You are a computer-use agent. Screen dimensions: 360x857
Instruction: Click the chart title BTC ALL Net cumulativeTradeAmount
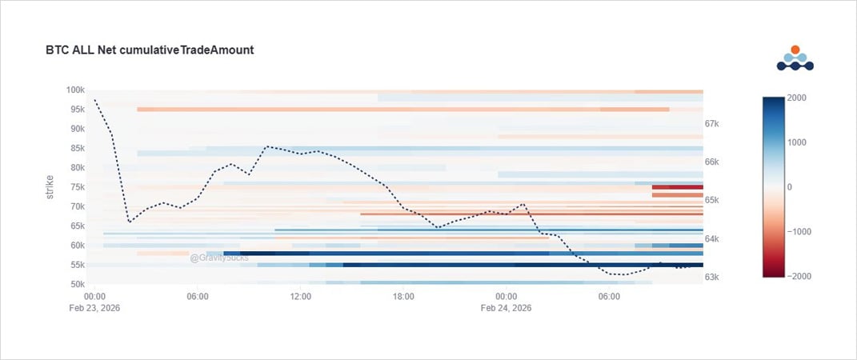(x=150, y=50)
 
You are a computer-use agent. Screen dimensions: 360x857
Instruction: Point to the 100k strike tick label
(x=75, y=90)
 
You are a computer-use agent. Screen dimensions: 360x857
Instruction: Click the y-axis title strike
(x=50, y=186)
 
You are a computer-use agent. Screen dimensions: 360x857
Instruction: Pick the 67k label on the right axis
(x=712, y=124)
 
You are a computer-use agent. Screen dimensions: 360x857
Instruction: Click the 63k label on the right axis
(x=712, y=278)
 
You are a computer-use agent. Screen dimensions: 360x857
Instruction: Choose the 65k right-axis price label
(x=712, y=200)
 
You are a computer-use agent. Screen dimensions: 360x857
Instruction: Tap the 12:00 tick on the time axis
(x=300, y=296)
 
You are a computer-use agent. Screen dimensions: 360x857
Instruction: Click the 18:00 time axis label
(x=403, y=296)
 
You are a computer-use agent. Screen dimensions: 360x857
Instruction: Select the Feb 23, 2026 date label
(x=94, y=308)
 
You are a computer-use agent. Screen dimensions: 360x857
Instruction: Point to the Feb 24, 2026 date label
(x=506, y=308)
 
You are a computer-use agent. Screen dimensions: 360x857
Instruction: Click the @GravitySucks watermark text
(x=219, y=258)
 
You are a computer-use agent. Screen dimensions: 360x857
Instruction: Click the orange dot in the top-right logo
(x=795, y=50)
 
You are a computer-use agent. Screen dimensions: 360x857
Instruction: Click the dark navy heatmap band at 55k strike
(x=520, y=265)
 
